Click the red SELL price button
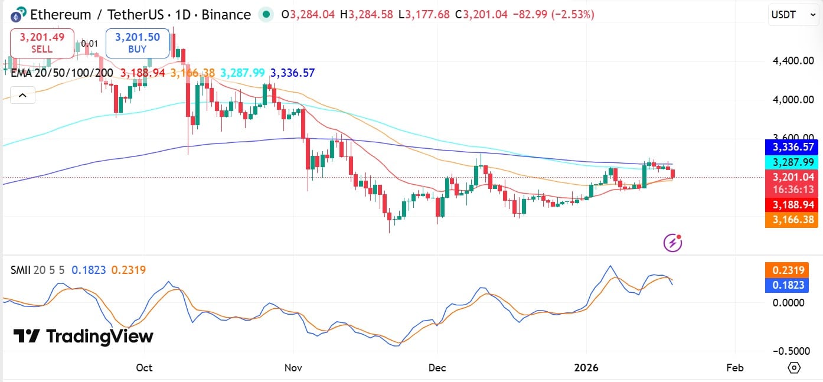point(42,43)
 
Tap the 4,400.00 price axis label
point(793,60)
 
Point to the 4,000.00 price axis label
point(793,99)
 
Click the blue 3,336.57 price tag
point(792,146)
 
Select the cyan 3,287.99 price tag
point(792,162)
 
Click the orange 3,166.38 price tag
point(792,220)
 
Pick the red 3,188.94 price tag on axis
point(792,205)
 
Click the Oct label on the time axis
point(144,368)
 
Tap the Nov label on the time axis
point(293,368)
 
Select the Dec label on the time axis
point(437,368)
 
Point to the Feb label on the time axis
point(734,368)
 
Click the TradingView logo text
point(83,337)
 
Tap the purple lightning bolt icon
point(672,242)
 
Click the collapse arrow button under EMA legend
point(22,94)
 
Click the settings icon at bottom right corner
point(794,368)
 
